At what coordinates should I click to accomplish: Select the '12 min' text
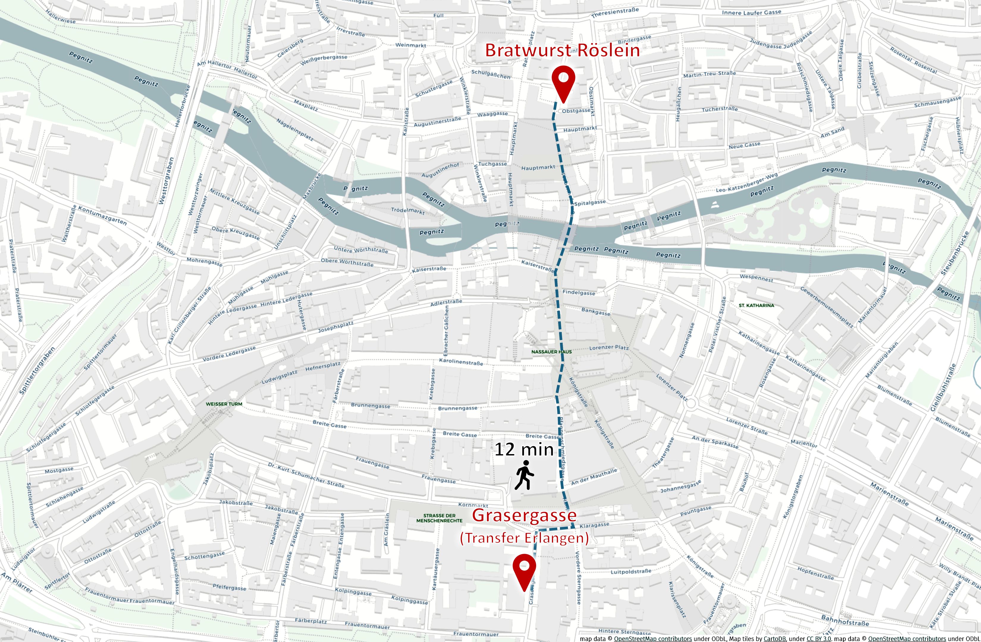(524, 449)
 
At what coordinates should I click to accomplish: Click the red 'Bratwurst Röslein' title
(562, 50)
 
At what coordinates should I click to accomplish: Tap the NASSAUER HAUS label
(552, 352)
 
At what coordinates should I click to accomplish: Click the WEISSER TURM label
(224, 404)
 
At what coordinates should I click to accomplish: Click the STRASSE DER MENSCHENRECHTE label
(440, 518)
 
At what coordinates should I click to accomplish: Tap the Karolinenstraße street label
(461, 362)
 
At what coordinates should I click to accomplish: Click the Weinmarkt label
(411, 45)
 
